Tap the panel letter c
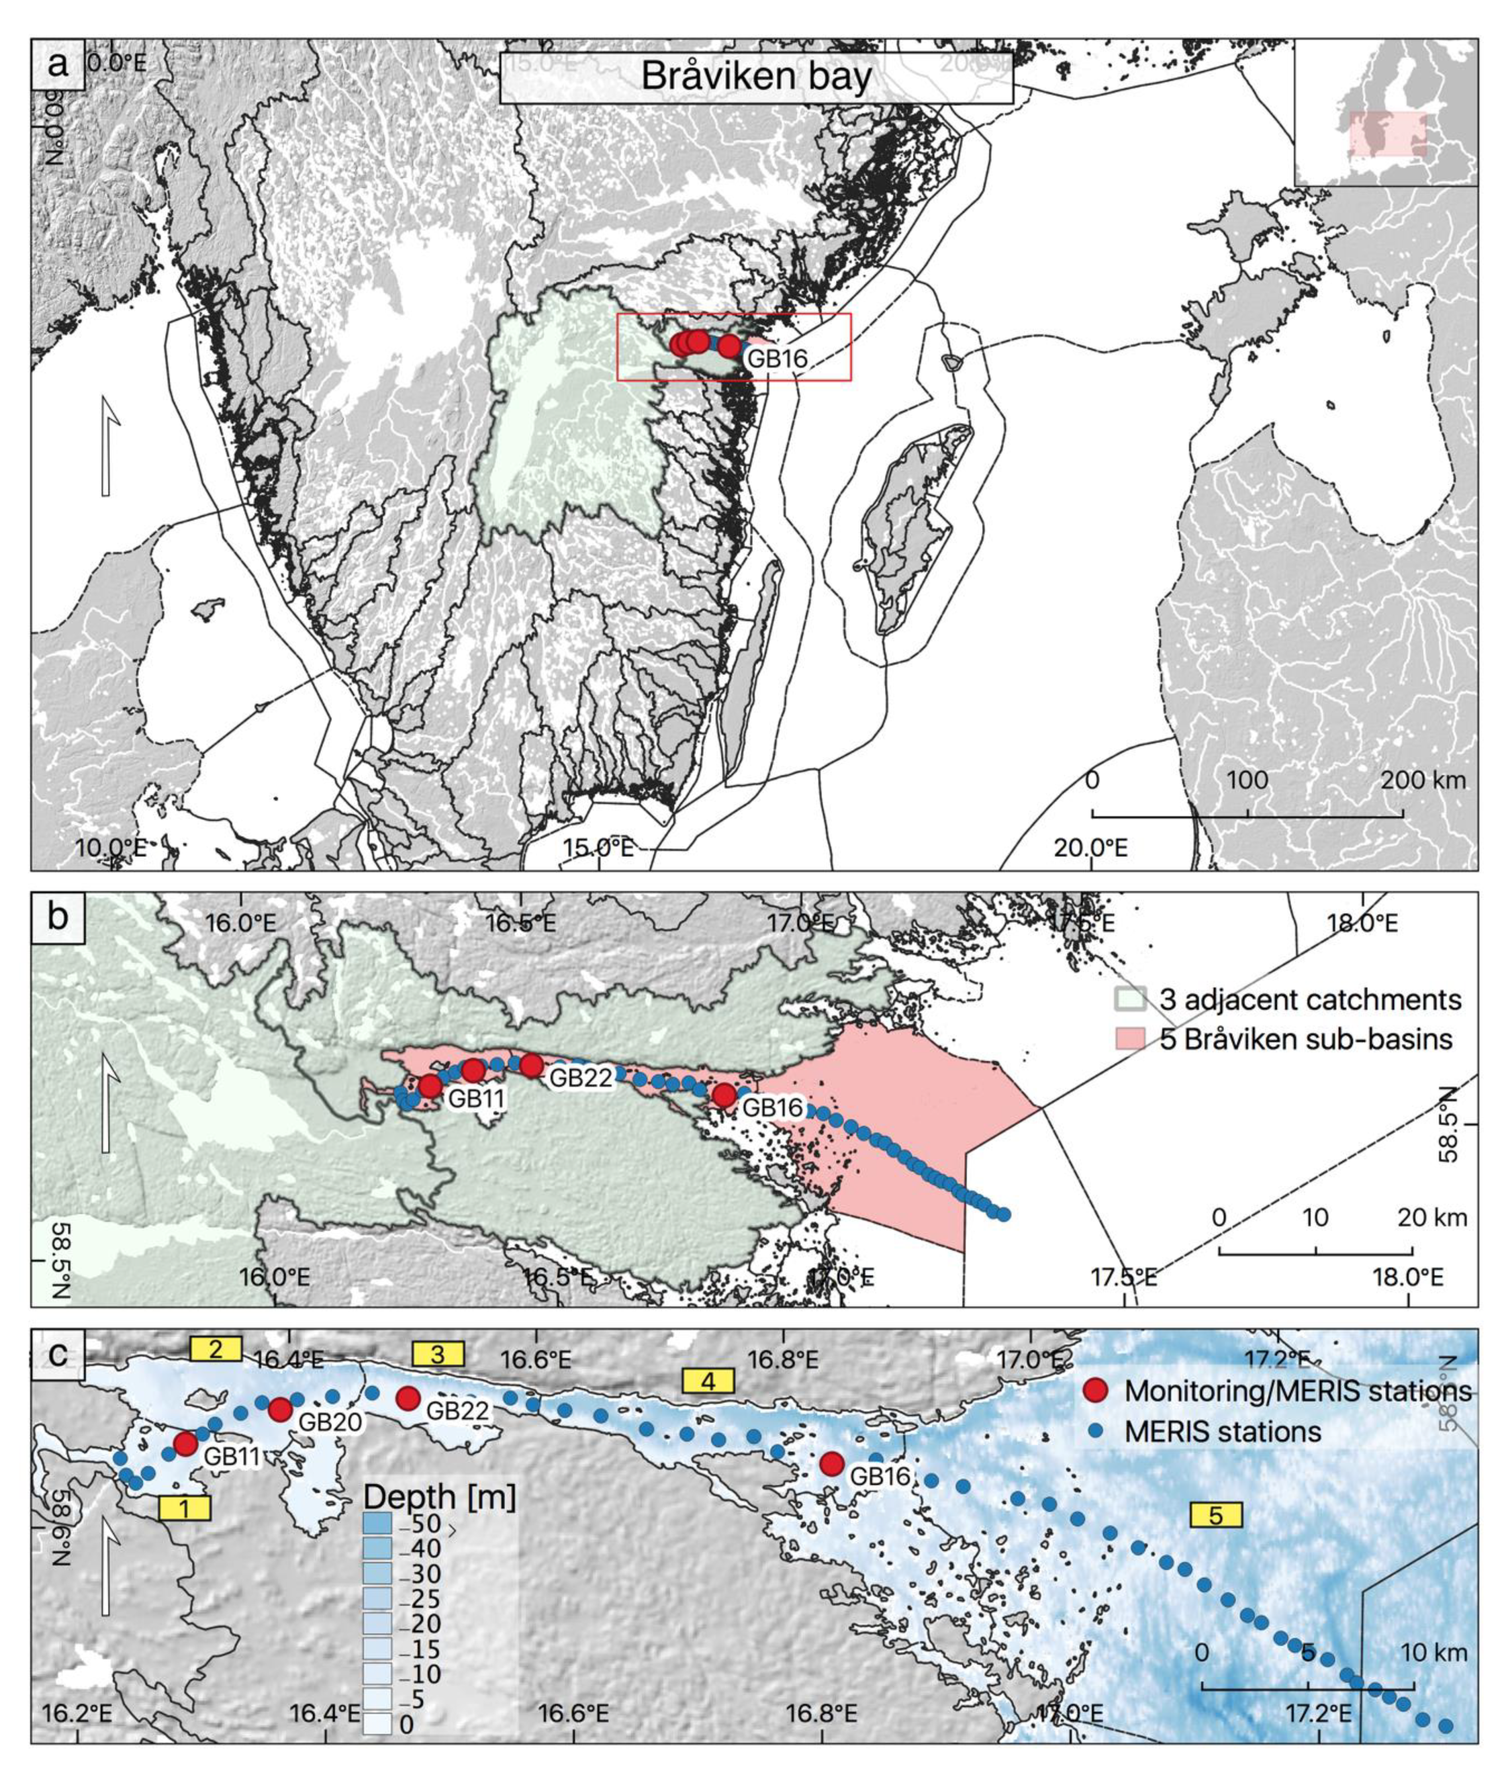[57, 1354]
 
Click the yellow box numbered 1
[184, 1508]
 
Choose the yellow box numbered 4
[708, 1382]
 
